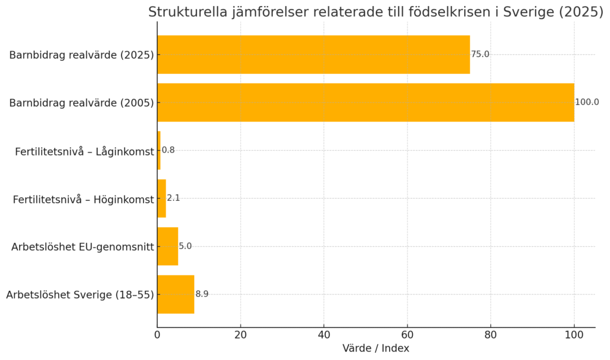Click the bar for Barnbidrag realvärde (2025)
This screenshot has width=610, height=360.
[313, 54]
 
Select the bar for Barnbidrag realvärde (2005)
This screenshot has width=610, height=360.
[365, 103]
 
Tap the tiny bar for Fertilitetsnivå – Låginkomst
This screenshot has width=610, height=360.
[159, 150]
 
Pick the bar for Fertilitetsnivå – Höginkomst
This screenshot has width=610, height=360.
[161, 198]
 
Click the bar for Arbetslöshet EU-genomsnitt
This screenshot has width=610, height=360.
[167, 246]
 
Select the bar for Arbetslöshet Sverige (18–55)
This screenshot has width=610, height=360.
[176, 294]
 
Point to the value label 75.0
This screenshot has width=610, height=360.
[480, 54]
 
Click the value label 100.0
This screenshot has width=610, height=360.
[587, 103]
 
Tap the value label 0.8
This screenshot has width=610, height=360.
[169, 150]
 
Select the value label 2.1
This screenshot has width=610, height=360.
[173, 198]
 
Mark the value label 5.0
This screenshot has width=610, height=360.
[185, 246]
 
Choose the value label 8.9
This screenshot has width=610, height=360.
[202, 294]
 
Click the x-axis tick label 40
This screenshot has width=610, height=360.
[324, 335]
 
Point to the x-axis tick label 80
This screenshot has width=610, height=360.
[491, 335]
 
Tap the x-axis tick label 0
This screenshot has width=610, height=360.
[157, 335]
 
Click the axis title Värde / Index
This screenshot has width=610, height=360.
[376, 349]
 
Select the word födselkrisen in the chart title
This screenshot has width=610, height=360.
[432, 12]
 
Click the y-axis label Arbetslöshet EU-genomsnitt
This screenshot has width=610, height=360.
[82, 246]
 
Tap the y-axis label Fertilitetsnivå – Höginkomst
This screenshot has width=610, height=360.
[83, 199]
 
